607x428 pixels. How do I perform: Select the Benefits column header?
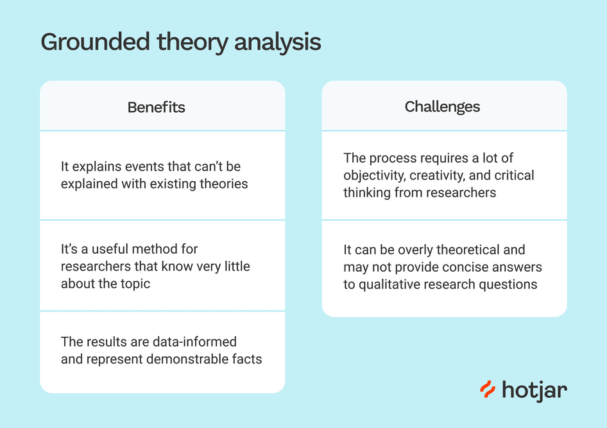click(156, 107)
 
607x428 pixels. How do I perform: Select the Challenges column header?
click(442, 106)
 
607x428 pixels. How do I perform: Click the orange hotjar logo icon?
click(488, 389)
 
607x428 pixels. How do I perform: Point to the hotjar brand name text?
click(534, 389)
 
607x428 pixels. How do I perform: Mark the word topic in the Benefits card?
click(135, 283)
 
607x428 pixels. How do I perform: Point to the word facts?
click(248, 359)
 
